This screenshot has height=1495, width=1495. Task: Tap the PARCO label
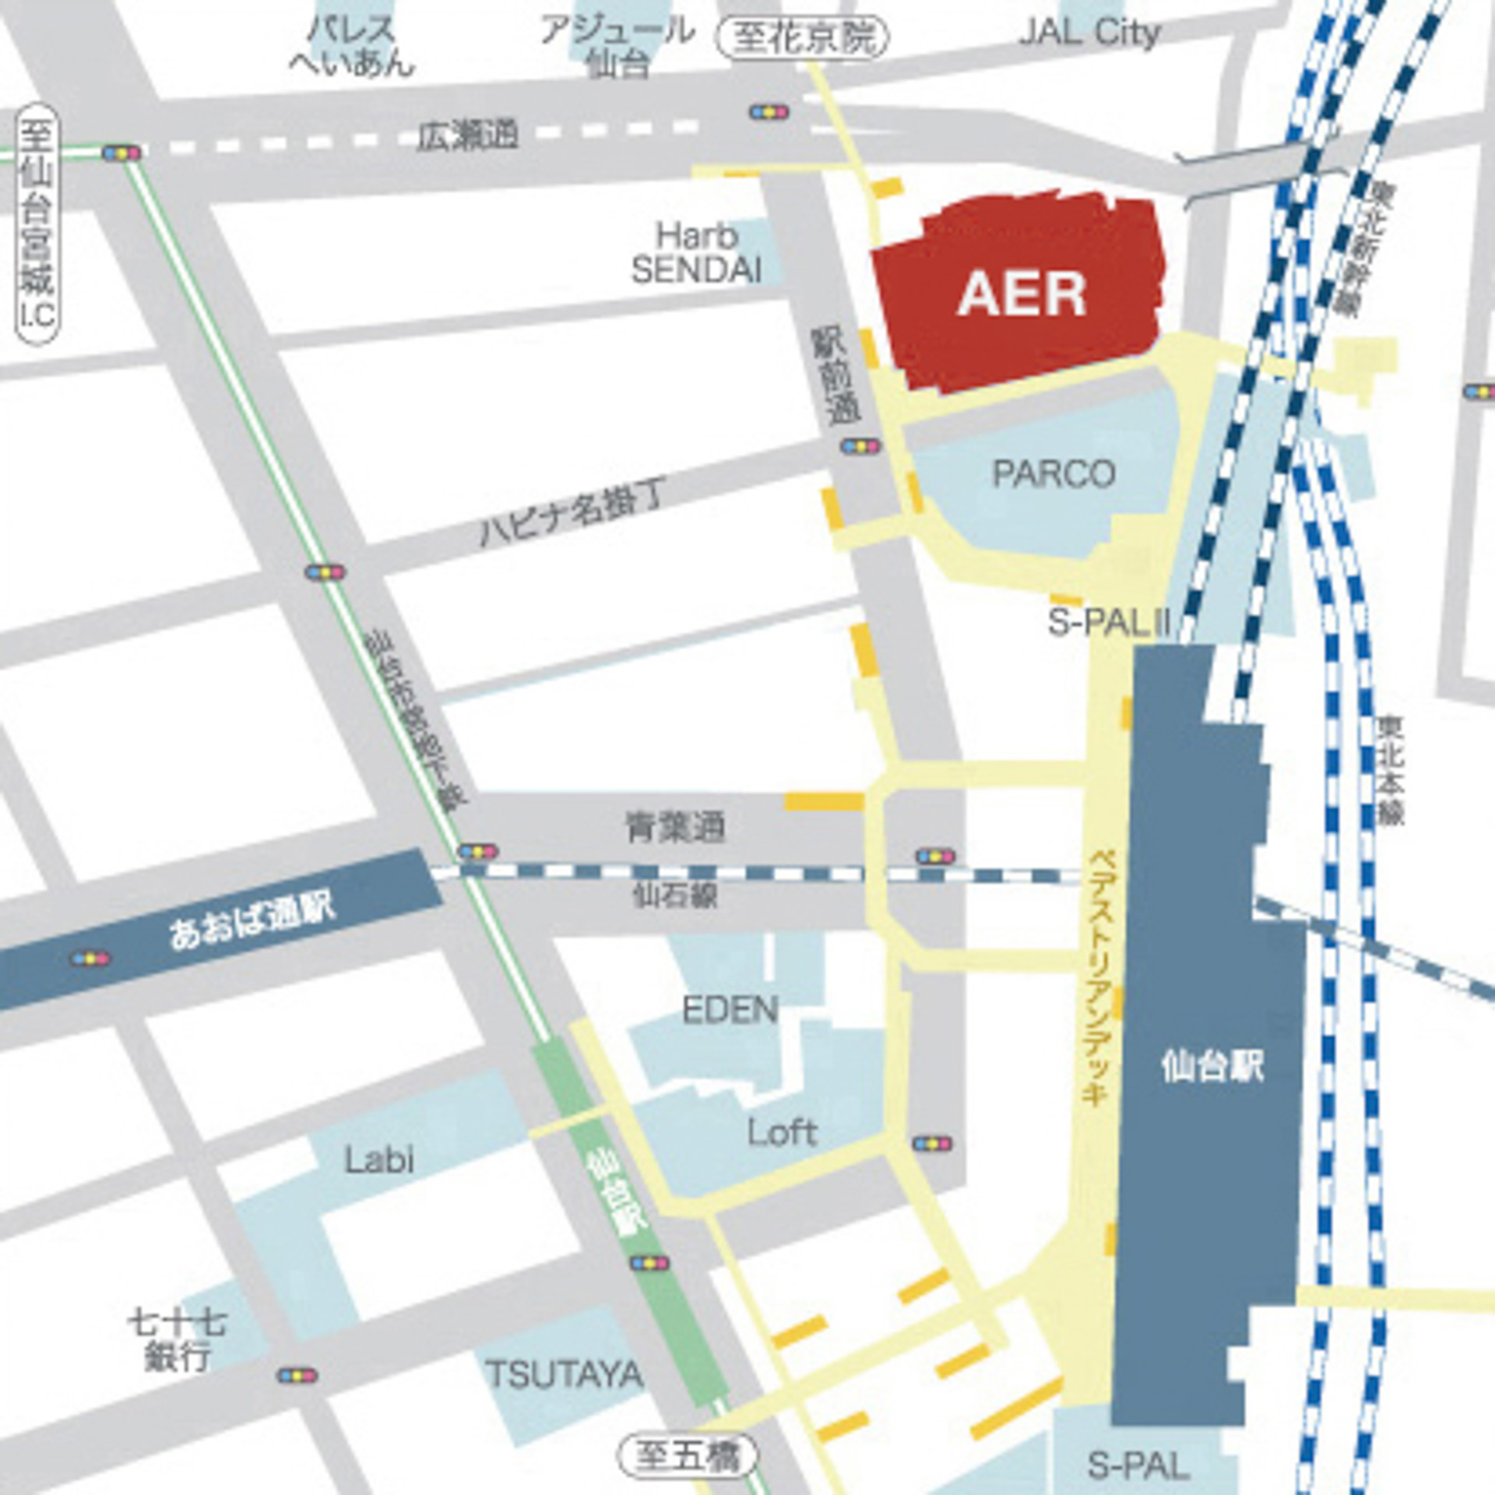1053,473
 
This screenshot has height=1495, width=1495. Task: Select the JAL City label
1089,33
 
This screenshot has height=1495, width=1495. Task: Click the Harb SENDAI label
696,253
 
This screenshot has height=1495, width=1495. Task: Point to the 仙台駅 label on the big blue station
1212,1066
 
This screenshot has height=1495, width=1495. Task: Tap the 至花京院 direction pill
802,37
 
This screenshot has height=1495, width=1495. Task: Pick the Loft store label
782,1132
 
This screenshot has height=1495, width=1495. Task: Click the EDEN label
730,1010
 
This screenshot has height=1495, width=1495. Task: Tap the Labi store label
379,1160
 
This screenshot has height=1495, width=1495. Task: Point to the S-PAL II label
1109,623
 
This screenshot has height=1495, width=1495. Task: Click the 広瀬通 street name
467,137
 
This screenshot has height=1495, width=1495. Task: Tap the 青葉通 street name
676,826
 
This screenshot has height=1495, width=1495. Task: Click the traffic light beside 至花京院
769,113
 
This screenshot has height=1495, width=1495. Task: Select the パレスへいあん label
352,47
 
